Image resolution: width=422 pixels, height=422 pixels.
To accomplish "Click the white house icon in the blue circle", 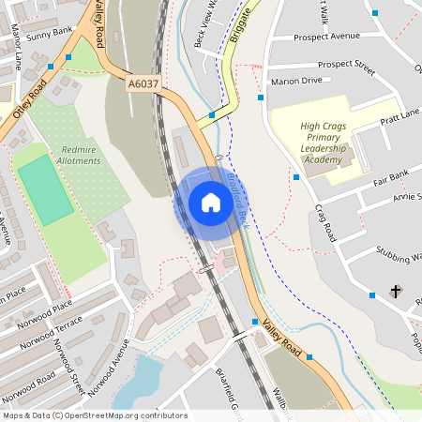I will coord(210,203).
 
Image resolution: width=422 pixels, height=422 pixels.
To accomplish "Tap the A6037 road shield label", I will coord(143,83).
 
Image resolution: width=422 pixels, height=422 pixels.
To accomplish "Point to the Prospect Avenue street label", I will coord(326,37).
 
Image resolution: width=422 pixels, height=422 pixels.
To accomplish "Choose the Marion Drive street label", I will coord(295,81).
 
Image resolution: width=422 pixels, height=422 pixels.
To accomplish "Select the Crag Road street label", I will coord(325,220).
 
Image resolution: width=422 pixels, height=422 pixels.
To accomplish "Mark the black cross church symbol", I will coord(395,291).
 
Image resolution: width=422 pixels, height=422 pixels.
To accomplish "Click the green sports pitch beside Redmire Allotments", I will coord(45,189).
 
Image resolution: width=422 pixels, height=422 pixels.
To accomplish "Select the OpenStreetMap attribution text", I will coord(94,415).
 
